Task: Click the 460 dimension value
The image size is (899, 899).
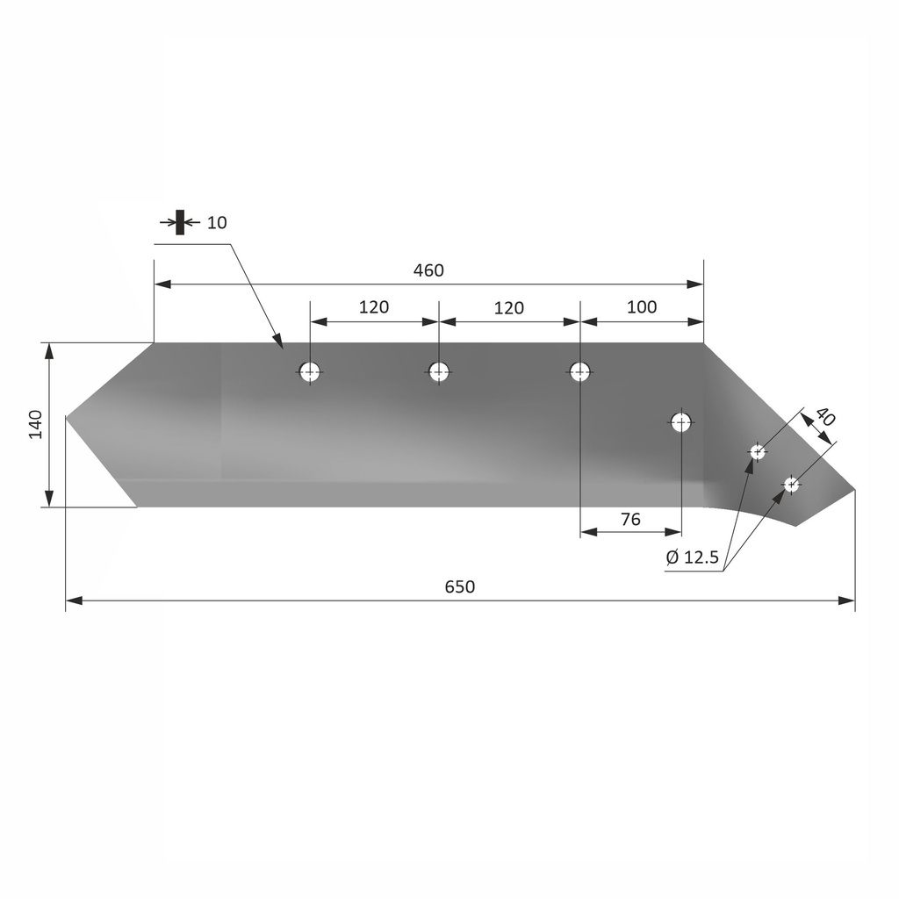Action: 428,270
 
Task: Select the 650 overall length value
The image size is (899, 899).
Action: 459,586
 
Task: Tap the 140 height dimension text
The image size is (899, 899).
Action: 35,424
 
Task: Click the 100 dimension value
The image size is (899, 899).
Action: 642,306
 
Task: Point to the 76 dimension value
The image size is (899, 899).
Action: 630,519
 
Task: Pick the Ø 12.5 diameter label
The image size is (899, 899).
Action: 693,557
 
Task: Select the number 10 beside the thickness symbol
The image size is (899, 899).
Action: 217,222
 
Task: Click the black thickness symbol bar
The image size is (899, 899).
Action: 180,222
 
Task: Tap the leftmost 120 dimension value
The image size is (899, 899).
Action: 373,306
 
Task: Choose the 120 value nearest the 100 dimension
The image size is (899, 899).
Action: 508,307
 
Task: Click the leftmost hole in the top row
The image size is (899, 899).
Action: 309,372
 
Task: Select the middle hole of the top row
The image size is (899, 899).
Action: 439,371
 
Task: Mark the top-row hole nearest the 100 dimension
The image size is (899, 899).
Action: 579,371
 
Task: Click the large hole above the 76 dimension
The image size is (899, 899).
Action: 681,422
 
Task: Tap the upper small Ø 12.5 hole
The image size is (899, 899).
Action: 757,452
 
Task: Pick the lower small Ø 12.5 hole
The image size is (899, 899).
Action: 791,484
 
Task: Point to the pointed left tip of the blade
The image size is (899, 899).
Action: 68,416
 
